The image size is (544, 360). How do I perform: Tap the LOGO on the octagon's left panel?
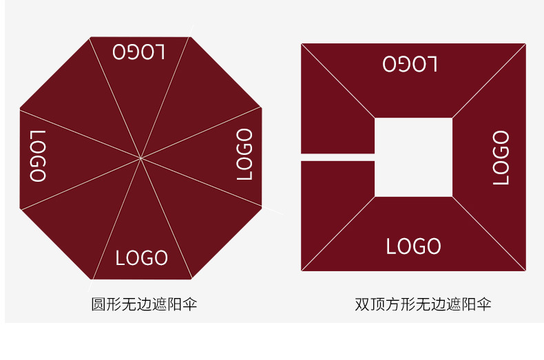[x=39, y=156]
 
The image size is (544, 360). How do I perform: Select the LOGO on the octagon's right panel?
[x=244, y=154]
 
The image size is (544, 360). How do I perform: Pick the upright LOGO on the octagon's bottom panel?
[x=142, y=258]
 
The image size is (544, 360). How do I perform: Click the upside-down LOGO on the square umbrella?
[x=410, y=65]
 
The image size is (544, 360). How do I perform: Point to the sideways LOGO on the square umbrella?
[x=501, y=158]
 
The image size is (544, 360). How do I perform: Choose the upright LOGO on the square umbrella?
[x=413, y=246]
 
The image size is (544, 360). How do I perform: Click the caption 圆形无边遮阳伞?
[x=144, y=304]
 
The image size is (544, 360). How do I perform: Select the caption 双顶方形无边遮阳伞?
[x=423, y=304]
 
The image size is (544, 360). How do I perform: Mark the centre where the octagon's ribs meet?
[x=141, y=158]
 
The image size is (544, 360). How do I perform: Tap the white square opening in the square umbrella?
[x=413, y=157]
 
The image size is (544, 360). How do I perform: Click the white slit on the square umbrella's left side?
[x=337, y=157]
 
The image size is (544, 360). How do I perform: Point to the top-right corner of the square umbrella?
[x=525, y=45]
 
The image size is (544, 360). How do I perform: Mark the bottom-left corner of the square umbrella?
[x=302, y=270]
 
